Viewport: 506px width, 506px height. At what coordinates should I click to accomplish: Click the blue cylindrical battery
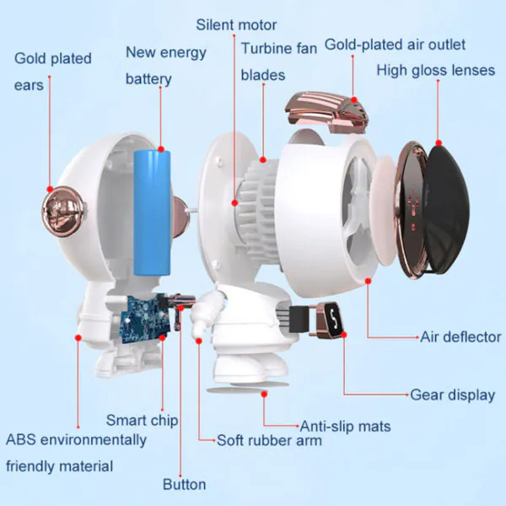pos(152,213)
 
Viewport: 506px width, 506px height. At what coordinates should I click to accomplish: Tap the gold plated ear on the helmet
pos(64,212)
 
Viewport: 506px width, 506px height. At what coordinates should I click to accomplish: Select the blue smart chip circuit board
pos(144,319)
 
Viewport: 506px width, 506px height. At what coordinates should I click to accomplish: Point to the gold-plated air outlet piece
pos(326,112)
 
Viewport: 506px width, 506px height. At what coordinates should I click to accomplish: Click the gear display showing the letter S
pos(329,320)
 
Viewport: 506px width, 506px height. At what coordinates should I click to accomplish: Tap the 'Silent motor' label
pos(236,24)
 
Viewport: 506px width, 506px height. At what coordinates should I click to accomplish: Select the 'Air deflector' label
pos(460,336)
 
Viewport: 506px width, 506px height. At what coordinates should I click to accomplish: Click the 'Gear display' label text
pos(452,395)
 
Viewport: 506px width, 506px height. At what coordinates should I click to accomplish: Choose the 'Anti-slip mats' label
pos(345,426)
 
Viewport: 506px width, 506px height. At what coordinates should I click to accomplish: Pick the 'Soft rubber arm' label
pos(270,440)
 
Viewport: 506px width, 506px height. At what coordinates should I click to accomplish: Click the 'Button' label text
pos(184,484)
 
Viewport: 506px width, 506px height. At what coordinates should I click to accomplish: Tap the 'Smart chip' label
pos(142,420)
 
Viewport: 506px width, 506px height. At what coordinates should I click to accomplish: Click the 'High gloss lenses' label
pos(436,70)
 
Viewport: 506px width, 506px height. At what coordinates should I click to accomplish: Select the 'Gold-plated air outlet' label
pos(395,45)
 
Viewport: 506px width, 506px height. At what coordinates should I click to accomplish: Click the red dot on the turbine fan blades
pos(263,159)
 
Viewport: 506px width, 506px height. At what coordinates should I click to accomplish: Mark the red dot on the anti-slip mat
pos(264,394)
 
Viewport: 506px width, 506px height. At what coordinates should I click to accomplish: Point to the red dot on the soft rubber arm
pos(199,341)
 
